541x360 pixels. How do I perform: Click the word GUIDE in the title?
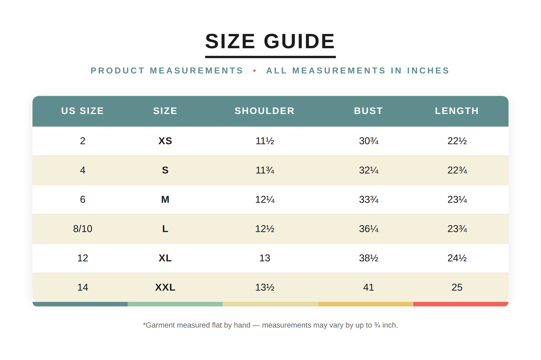tap(299, 41)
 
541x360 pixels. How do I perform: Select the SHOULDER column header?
tap(265, 111)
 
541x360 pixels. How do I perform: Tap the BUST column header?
tap(368, 111)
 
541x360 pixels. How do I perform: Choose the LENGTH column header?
tap(457, 111)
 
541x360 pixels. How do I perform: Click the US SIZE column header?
tap(83, 111)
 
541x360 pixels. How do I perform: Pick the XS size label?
tap(165, 141)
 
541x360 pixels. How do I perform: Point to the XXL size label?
tap(165, 287)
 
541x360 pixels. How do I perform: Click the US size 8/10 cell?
tap(83, 229)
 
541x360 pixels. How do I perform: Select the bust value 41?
tap(368, 287)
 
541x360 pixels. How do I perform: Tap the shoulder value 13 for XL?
tap(265, 258)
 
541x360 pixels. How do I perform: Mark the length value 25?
tap(457, 287)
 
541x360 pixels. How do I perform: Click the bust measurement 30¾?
tap(368, 141)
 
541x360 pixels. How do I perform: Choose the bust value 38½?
tap(368, 258)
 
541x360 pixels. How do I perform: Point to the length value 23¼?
tap(457, 199)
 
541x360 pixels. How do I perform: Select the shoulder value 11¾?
tap(265, 170)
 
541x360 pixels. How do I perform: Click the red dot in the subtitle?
tap(255, 70)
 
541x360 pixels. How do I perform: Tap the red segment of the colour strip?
tap(461, 304)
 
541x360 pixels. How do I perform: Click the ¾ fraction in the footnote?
tap(377, 325)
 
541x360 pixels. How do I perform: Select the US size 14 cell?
tap(83, 287)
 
